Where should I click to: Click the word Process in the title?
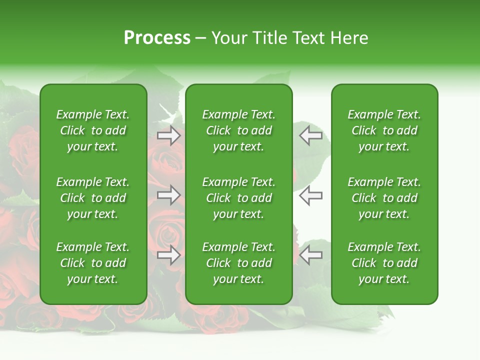(157, 38)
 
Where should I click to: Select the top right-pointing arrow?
(169, 135)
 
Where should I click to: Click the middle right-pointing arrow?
(169, 195)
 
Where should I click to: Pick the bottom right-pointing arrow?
(169, 255)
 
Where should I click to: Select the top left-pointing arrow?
(310, 135)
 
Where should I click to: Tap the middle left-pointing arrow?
(310, 195)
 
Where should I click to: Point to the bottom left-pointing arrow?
(310, 255)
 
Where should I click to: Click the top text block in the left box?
(93, 130)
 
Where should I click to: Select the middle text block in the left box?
(93, 198)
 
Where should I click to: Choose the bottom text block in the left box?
(93, 263)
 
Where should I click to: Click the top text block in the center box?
(239, 130)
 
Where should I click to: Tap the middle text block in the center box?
(239, 198)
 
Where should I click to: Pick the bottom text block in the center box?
(239, 263)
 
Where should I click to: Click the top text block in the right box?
(384, 130)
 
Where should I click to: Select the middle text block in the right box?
(384, 198)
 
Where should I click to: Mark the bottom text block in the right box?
(384, 263)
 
